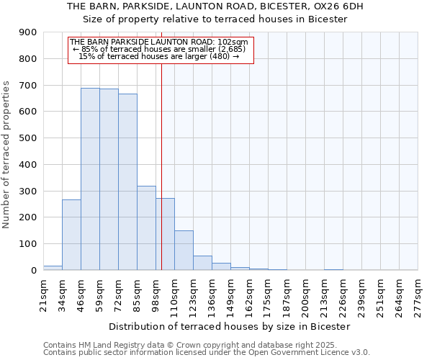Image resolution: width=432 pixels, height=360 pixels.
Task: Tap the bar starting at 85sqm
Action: [x=146, y=228]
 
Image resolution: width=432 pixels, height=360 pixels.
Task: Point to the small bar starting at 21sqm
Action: [x=53, y=268]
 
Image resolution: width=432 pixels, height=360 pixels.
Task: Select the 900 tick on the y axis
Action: [x=28, y=32]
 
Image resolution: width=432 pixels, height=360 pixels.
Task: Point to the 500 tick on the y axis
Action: [x=28, y=138]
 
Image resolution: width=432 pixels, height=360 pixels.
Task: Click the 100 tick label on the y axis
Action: [x=28, y=244]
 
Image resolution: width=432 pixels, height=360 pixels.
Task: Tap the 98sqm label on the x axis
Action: [x=156, y=292]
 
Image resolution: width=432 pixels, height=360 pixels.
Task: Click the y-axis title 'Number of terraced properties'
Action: [x=6, y=155]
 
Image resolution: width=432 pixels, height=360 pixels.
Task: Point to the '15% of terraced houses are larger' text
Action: [x=158, y=56]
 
